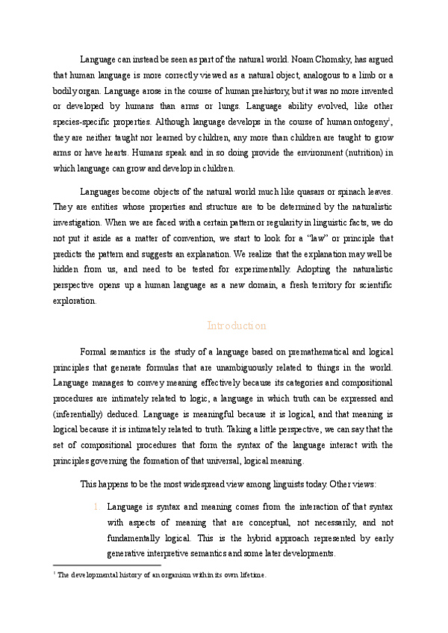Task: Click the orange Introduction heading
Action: click(236, 326)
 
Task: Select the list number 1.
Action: click(97, 507)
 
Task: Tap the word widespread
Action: click(214, 484)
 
